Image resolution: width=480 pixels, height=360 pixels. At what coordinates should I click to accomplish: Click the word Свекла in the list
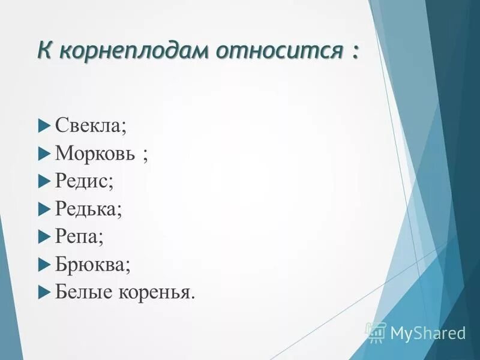(89, 127)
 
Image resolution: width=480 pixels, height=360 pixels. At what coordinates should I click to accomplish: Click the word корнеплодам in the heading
(133, 52)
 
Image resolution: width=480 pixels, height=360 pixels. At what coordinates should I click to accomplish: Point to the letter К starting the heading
(44, 50)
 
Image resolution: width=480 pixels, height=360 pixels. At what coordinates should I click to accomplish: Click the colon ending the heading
(355, 52)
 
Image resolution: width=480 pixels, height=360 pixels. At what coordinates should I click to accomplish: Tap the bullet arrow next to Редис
(43, 182)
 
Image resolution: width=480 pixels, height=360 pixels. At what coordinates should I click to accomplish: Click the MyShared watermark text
(427, 332)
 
